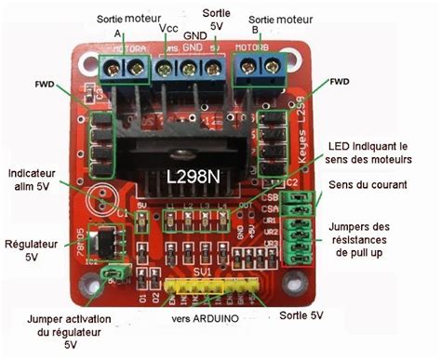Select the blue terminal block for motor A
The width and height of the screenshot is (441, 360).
click(125, 66)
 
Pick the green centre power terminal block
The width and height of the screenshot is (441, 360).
click(189, 68)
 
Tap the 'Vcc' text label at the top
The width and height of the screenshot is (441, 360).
click(168, 28)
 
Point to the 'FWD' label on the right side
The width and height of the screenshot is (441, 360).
click(341, 81)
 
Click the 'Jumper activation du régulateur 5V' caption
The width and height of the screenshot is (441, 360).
click(72, 330)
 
